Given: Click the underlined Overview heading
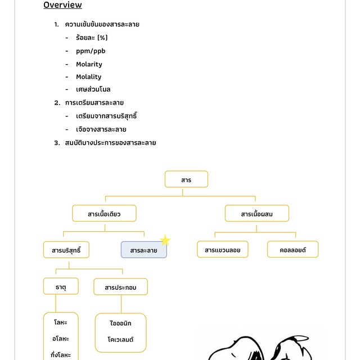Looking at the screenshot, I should coord(62,5).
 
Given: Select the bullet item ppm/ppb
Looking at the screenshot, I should coord(91,51).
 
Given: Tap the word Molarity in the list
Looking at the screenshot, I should coord(89,64).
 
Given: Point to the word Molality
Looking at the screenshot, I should coord(89,77).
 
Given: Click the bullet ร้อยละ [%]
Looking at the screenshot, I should coord(92,38).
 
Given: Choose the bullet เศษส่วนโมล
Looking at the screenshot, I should coord(93,89).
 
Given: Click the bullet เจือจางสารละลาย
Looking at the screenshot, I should coord(101,129).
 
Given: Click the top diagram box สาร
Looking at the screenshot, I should coord(186,179).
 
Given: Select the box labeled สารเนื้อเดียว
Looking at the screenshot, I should coord(104,214).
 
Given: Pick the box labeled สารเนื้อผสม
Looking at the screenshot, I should coord(256,214).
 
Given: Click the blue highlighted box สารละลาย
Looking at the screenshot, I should coord(144,250).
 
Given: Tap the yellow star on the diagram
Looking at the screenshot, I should coord(165,241).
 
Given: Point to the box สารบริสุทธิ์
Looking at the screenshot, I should coord(66,250).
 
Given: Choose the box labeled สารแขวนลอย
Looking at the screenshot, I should coord(223,250).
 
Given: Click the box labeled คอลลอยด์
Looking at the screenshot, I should coord(292,250).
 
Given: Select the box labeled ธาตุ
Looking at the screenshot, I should coord(61,286).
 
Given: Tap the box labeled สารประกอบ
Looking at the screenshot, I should coord(120,287).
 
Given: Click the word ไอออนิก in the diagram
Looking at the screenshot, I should coord(121,323).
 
